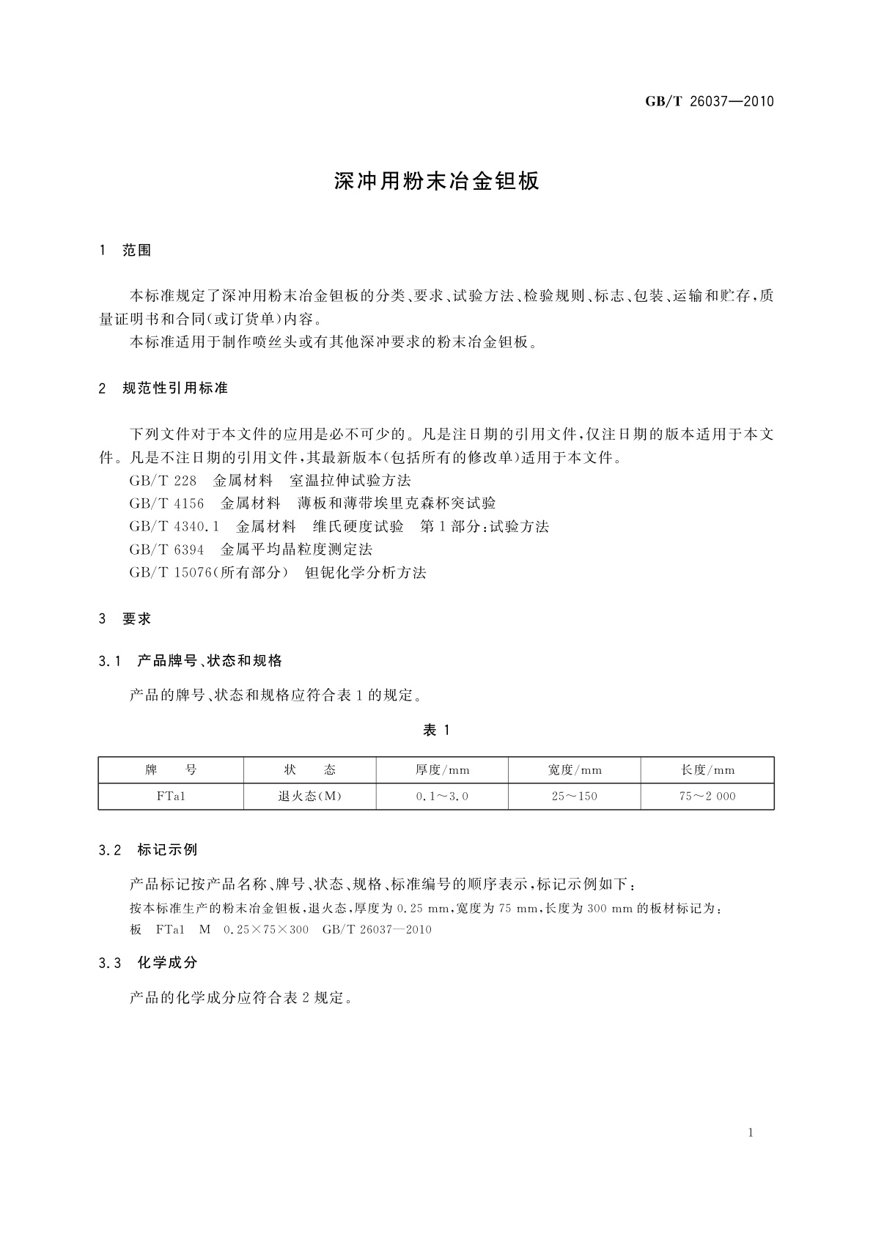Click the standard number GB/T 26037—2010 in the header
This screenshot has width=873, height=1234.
(709, 102)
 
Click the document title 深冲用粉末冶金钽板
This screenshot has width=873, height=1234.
(436, 182)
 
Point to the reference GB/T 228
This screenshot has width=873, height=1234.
(163, 481)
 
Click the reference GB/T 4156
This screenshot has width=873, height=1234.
(166, 503)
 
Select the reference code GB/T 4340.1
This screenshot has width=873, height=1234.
(174, 526)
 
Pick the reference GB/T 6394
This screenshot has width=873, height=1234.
(166, 550)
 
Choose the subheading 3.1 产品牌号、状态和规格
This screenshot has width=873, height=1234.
(190, 661)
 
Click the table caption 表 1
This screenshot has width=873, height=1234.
(436, 730)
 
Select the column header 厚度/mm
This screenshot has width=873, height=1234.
(442, 770)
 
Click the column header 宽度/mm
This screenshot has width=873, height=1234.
(575, 770)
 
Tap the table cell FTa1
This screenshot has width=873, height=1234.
(171, 797)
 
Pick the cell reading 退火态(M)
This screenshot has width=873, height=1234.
(309, 797)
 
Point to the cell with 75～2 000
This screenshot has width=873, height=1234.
(707, 797)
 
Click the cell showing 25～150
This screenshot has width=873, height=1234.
(575, 797)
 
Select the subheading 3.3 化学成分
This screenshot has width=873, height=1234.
(148, 963)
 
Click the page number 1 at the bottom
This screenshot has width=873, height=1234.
(751, 1133)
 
